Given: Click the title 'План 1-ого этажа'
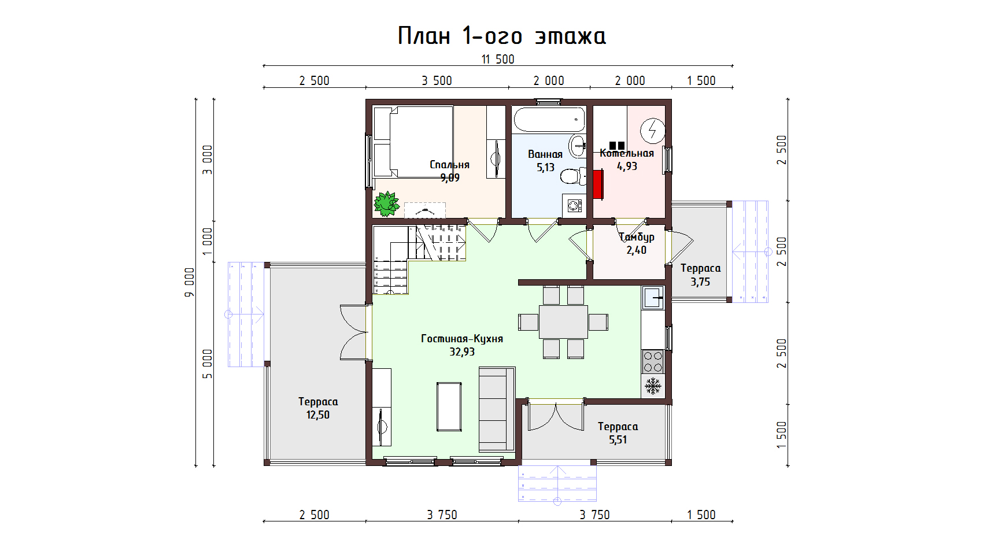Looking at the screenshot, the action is (501, 35).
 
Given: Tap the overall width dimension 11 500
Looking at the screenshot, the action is (498, 59).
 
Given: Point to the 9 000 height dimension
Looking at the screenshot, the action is (189, 282).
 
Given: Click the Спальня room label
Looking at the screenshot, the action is (449, 165).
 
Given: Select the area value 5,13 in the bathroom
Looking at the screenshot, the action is (545, 168).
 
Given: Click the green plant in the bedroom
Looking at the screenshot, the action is (386, 204).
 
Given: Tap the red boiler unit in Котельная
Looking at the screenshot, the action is (598, 184).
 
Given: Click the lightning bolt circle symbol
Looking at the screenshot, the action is (653, 130).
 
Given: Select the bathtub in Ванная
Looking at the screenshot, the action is (549, 119).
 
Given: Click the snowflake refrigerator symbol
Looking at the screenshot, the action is (653, 386).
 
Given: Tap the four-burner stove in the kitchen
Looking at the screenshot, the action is (653, 361).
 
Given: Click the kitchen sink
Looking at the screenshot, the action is (653, 298).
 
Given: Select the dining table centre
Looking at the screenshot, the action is (563, 322).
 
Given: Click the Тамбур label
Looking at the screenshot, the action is (636, 237).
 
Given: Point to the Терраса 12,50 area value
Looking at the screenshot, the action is (317, 415).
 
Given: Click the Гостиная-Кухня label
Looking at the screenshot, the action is (461, 339).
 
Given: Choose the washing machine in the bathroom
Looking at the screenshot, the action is (574, 205).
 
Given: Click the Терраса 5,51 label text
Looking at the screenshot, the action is (618, 427).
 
